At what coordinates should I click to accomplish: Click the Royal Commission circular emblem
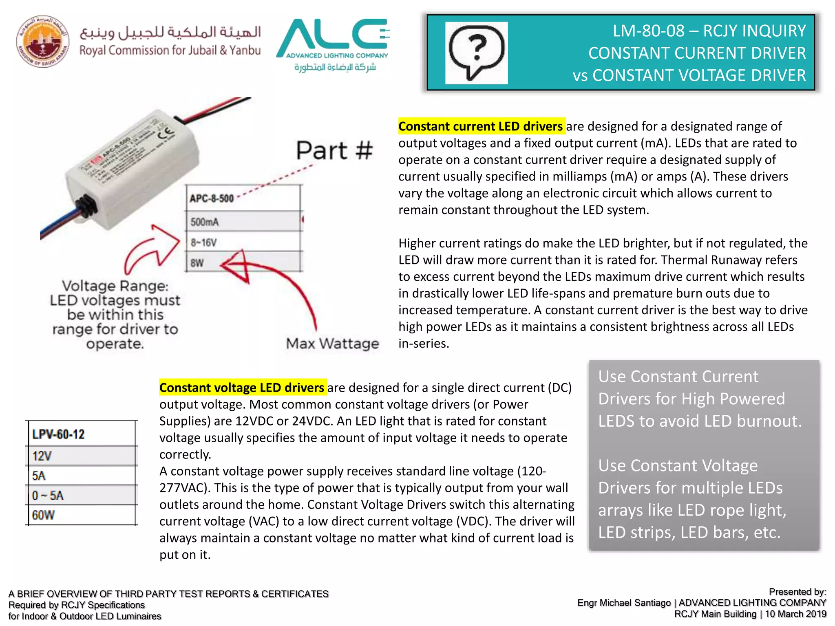point(42,42)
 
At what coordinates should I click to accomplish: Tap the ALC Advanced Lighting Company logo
point(333,44)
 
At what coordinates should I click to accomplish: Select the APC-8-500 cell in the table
point(243,198)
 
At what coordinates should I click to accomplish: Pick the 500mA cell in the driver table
point(243,222)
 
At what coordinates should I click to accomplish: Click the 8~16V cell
point(243,242)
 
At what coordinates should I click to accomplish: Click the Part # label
point(334,151)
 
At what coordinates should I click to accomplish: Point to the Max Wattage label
point(332,344)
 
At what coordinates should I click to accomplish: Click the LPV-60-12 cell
point(82,434)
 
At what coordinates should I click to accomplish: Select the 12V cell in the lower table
point(82,456)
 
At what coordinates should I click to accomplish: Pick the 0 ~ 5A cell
point(82,496)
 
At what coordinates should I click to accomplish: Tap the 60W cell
point(82,515)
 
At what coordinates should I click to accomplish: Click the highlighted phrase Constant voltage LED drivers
point(242,388)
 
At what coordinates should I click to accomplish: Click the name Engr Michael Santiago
point(624,603)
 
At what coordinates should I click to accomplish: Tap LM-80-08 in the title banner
point(648,31)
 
